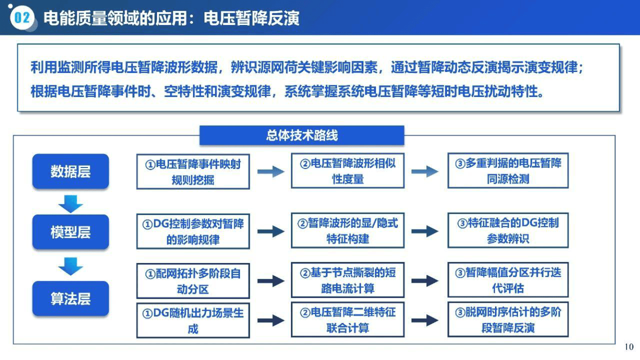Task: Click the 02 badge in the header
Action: tap(22, 18)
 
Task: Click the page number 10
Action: tap(629, 347)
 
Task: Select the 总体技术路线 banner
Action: tap(302, 135)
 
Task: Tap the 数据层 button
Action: tap(71, 171)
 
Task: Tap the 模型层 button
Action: tap(71, 232)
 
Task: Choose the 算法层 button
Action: tap(71, 299)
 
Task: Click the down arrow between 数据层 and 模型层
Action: tap(71, 204)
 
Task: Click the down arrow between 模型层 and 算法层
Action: tap(71, 266)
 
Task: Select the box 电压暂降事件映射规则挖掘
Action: tap(193, 172)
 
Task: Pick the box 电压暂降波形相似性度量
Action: tap(348, 171)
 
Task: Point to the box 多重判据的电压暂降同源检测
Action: tap(508, 170)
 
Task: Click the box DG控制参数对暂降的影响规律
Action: tap(193, 231)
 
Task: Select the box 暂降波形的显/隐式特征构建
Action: tap(348, 230)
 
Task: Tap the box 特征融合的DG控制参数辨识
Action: tap(508, 230)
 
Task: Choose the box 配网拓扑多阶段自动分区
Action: tap(193, 281)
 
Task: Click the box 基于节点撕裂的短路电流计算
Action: tap(348, 280)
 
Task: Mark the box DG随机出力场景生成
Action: tap(193, 321)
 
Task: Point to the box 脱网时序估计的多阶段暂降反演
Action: tap(508, 319)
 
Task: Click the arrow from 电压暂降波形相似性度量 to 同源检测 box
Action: tap(425, 171)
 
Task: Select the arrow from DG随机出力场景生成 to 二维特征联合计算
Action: tap(271, 321)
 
